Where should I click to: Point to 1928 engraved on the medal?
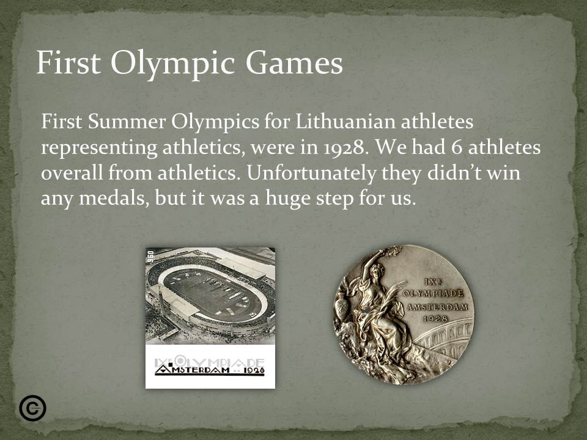pyautogui.click(x=436, y=318)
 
